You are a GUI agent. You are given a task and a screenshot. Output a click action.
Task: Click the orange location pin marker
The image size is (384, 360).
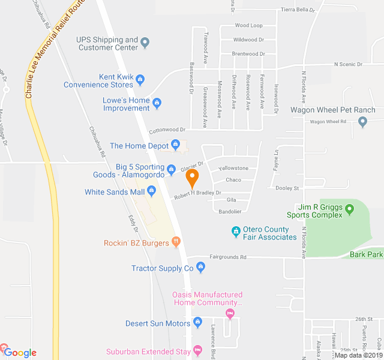[192, 178]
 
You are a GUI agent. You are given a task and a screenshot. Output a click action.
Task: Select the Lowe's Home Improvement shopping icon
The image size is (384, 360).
[157, 103]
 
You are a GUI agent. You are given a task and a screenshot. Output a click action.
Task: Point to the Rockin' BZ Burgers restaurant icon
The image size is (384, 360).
[176, 242]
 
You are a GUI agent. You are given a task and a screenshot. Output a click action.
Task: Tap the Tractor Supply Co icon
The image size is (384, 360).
[201, 267]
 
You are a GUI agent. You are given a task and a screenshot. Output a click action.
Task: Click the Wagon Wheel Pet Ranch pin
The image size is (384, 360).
[362, 122]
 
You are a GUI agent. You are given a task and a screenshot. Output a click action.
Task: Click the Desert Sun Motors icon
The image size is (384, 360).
[197, 323]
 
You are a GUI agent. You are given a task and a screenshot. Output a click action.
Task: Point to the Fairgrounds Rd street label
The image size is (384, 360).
[228, 257]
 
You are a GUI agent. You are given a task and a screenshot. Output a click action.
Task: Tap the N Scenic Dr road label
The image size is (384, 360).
[349, 64]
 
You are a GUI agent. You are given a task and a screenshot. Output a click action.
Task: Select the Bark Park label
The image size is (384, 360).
[366, 255]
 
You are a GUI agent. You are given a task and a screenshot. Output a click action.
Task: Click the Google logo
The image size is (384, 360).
[20, 353]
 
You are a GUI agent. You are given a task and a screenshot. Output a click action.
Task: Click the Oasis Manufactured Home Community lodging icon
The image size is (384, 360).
[229, 313]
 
